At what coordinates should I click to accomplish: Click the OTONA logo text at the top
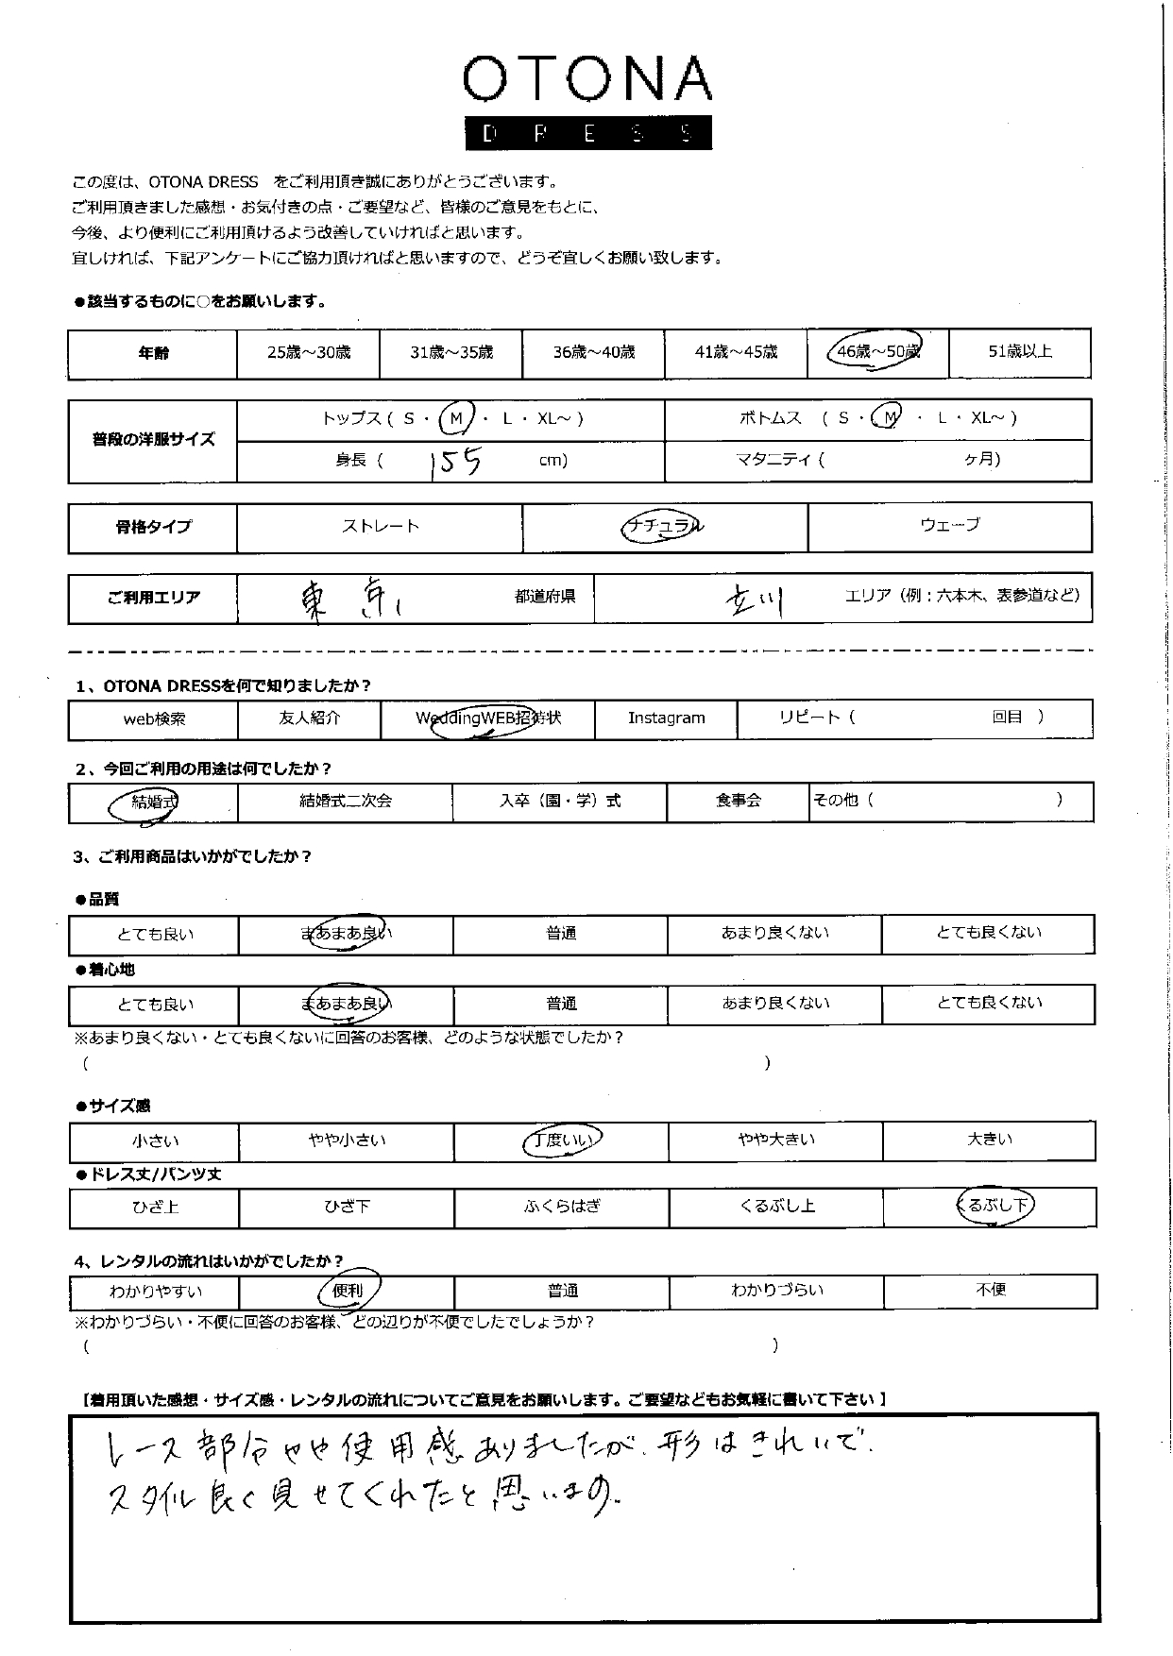(586, 79)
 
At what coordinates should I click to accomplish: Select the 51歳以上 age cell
(1019, 352)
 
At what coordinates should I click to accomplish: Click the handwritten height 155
(455, 462)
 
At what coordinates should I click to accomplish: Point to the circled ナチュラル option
(664, 527)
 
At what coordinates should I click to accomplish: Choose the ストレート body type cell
(380, 527)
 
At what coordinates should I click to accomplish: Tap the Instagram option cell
(666, 718)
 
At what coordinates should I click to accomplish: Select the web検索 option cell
(155, 719)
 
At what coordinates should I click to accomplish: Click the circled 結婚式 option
(153, 803)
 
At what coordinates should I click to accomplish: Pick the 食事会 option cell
(738, 802)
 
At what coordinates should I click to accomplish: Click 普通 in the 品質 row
(561, 934)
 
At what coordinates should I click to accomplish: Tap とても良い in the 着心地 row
(155, 1005)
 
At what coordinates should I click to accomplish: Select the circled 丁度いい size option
(562, 1141)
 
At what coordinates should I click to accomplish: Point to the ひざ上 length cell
(155, 1207)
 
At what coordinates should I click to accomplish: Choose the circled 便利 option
(348, 1290)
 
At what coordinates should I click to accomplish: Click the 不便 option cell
(990, 1290)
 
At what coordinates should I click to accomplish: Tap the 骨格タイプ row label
(153, 527)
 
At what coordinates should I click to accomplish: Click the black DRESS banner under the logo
(587, 133)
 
